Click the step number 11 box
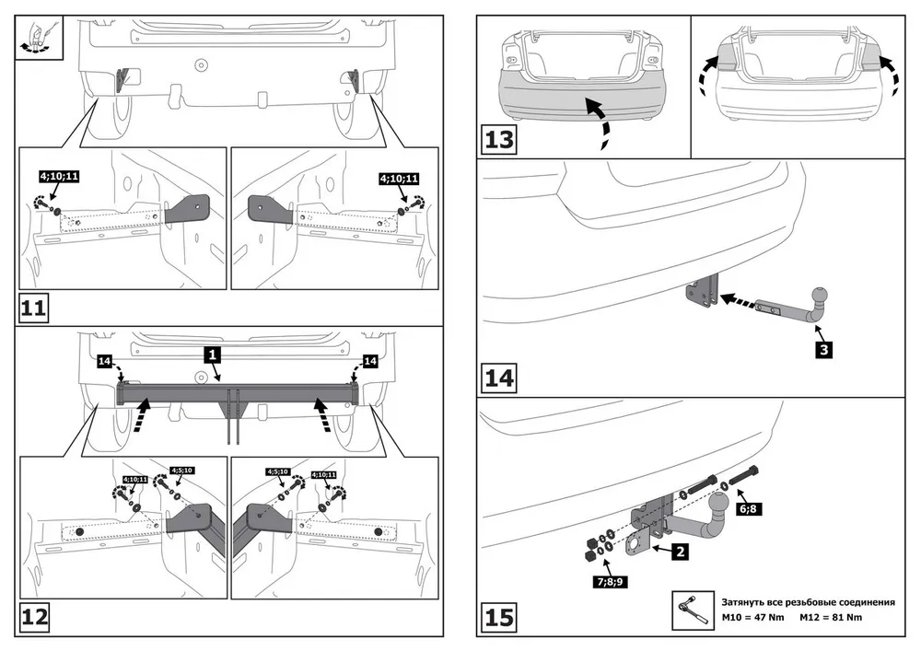click(33, 308)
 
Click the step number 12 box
click(34, 617)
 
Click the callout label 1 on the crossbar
click(212, 354)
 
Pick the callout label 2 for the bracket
click(678, 552)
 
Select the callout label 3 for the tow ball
click(823, 350)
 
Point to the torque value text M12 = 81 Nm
click(831, 616)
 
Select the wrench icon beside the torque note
click(690, 605)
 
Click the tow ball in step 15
click(716, 506)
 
